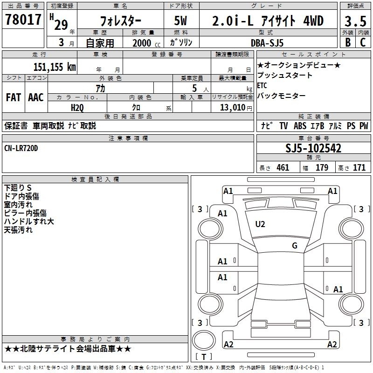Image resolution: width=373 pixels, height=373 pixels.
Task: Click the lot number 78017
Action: point(23,20)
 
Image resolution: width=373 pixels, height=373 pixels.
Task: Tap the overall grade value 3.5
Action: point(355,21)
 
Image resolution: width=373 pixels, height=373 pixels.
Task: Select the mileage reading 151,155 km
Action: point(55,67)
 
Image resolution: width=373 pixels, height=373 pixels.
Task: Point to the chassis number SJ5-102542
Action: point(313,148)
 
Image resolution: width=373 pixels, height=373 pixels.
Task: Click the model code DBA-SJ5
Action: point(267,43)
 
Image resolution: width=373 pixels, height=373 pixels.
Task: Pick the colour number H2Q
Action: point(77,108)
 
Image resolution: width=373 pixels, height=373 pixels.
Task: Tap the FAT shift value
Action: point(14,97)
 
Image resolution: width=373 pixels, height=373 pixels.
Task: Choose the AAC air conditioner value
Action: point(36,97)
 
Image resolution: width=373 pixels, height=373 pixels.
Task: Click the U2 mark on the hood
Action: point(260,224)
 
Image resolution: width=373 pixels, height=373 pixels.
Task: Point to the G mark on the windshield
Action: point(295,245)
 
